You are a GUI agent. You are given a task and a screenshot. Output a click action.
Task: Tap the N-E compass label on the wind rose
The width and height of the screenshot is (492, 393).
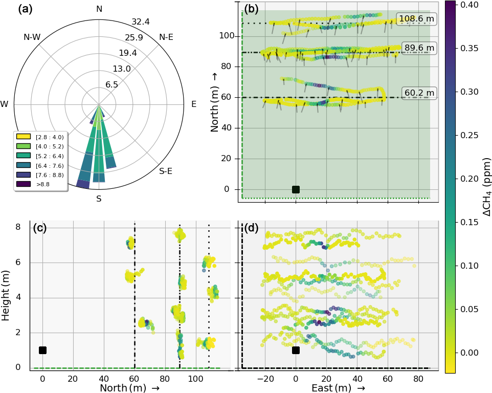[x=166, y=37]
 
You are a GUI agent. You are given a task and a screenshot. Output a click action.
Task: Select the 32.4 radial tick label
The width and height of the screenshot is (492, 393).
[x=140, y=21]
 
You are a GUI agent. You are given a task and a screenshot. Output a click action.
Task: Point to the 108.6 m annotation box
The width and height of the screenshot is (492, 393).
[x=416, y=19]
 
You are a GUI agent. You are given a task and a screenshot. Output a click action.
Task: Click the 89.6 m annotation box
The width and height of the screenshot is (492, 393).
[x=419, y=48]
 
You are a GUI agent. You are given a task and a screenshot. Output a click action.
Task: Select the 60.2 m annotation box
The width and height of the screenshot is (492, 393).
[x=419, y=93]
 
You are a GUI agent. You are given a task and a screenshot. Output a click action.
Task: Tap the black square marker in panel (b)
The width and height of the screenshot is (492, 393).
[x=296, y=189]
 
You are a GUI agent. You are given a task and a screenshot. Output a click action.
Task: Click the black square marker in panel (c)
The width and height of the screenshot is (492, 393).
[x=42, y=350]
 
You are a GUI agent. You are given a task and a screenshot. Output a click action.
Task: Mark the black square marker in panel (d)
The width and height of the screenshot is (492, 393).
[x=296, y=350]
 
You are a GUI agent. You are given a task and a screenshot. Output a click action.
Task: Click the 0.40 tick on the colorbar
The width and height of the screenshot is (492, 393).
[x=468, y=5]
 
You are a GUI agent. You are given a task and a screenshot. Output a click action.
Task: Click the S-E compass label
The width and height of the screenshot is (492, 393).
[x=166, y=171]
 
